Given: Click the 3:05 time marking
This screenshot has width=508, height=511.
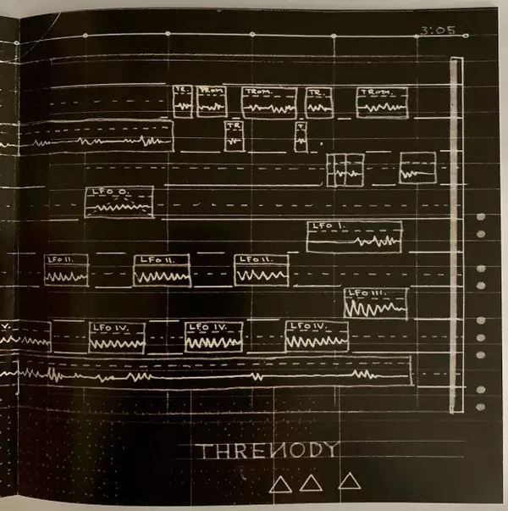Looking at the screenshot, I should coord(437,31).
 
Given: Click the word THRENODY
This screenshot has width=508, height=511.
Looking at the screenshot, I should coord(268,451).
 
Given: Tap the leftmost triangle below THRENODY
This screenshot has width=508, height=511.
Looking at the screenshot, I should coord(281,484).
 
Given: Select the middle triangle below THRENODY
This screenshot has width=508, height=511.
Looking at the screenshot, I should coord(312,483).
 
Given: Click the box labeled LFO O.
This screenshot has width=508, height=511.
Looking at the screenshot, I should coord(119,202).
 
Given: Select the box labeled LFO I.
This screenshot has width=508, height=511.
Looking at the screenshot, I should coord(353,236).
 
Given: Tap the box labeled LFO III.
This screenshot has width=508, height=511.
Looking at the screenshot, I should coord(376,303).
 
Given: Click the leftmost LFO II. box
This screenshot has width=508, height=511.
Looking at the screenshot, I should coord(66,269).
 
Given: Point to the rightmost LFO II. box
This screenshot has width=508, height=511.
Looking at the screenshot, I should coord(261,269).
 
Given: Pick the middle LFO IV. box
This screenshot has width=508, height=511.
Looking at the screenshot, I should coord(214,336).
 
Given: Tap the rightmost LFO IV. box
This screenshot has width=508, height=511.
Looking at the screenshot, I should coord(317,336).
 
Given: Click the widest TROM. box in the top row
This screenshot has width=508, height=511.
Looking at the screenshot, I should coord(268,102).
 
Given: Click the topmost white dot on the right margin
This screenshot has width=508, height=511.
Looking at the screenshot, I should coord(481,218).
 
